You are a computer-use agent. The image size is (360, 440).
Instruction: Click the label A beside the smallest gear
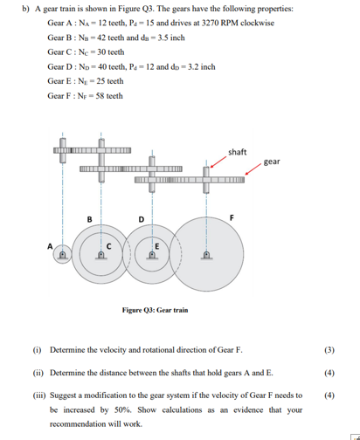pyautogui.click(x=50, y=246)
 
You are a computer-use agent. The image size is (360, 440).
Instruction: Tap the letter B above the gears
pyautogui.click(x=88, y=217)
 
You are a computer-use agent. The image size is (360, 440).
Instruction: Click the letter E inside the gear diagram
pyautogui.click(x=156, y=246)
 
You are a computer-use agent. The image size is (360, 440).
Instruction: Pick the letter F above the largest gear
pyautogui.click(x=232, y=217)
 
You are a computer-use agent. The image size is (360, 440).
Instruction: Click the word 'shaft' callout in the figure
pyautogui.click(x=236, y=152)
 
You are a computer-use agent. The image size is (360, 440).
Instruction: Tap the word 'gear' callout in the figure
pyautogui.click(x=271, y=162)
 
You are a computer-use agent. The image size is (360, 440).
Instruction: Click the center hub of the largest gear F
pyautogui.click(x=206, y=256)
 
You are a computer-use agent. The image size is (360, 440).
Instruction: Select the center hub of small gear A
pyautogui.click(x=63, y=257)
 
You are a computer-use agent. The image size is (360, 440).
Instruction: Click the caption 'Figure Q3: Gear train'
pyautogui.click(x=156, y=311)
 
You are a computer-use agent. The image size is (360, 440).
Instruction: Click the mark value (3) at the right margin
pyautogui.click(x=329, y=350)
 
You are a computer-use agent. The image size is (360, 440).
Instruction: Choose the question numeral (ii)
pyautogui.click(x=37, y=373)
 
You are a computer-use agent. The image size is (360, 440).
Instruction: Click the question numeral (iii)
pyautogui.click(x=37, y=395)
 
